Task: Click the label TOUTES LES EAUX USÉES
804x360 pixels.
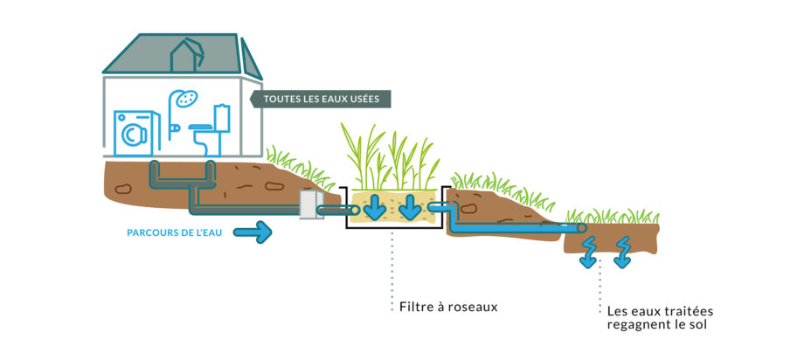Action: coord(321,99)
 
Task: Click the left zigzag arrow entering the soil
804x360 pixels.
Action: coord(587,249)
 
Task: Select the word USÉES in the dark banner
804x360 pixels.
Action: coord(363,99)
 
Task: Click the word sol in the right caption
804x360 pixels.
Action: coord(696,326)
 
